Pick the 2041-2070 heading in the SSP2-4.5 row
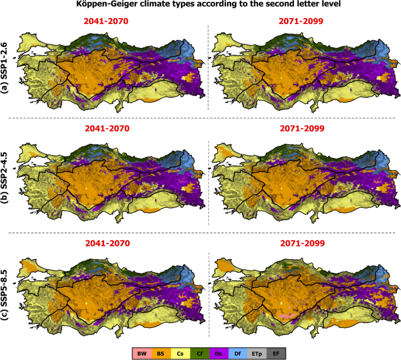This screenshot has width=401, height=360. click(106, 129)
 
